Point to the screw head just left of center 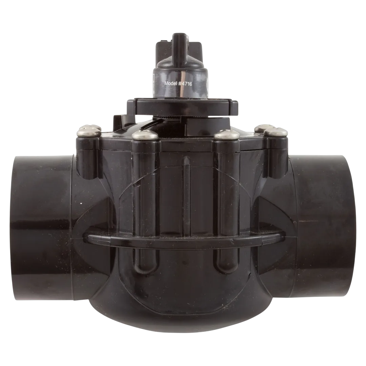[x=145, y=135]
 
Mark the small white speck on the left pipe [x=81, y=204]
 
